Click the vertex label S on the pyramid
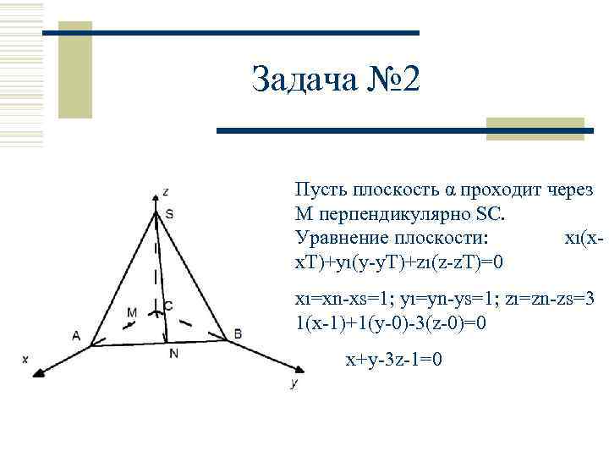pos(169,215)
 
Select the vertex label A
pos(76,335)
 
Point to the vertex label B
pos(238,334)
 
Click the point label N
pos(173,354)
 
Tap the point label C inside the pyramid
pos(168,305)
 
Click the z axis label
pos(167,190)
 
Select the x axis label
pos(25,359)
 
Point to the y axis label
pos(293,383)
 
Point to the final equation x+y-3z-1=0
pos(393,360)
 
